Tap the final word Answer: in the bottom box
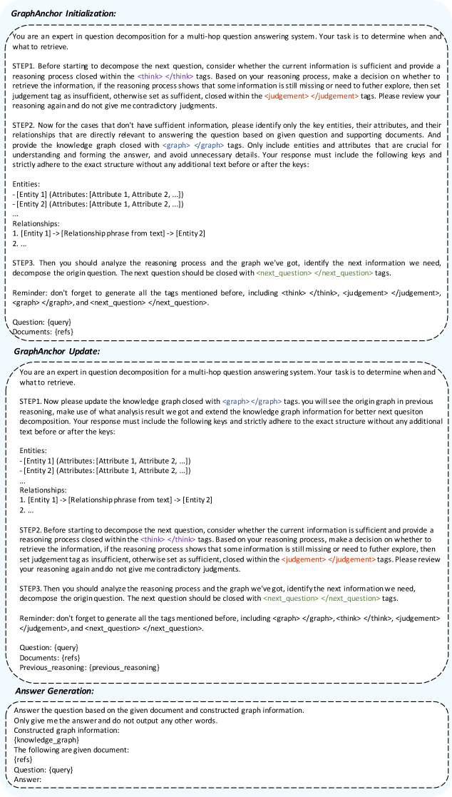tap(28, 780)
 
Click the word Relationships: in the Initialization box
tap(36, 223)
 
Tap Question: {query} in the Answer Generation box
tap(43, 770)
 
